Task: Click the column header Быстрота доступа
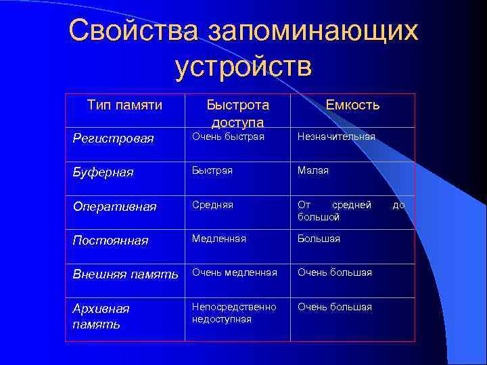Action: (x=237, y=113)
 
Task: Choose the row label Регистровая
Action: (x=113, y=139)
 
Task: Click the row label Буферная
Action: (x=103, y=172)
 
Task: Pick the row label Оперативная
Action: (x=114, y=206)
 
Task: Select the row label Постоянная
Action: (x=110, y=241)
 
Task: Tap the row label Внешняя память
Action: (x=125, y=274)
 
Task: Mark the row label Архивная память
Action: (x=101, y=316)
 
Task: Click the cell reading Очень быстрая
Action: (x=228, y=137)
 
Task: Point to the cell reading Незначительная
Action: (x=336, y=137)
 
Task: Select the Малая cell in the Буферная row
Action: (x=313, y=170)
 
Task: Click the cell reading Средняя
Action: (x=212, y=204)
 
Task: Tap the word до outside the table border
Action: (x=399, y=204)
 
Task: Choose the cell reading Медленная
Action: (x=219, y=239)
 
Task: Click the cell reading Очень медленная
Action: (x=235, y=272)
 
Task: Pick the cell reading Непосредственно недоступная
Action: (x=234, y=312)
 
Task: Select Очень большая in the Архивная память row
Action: (x=335, y=307)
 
